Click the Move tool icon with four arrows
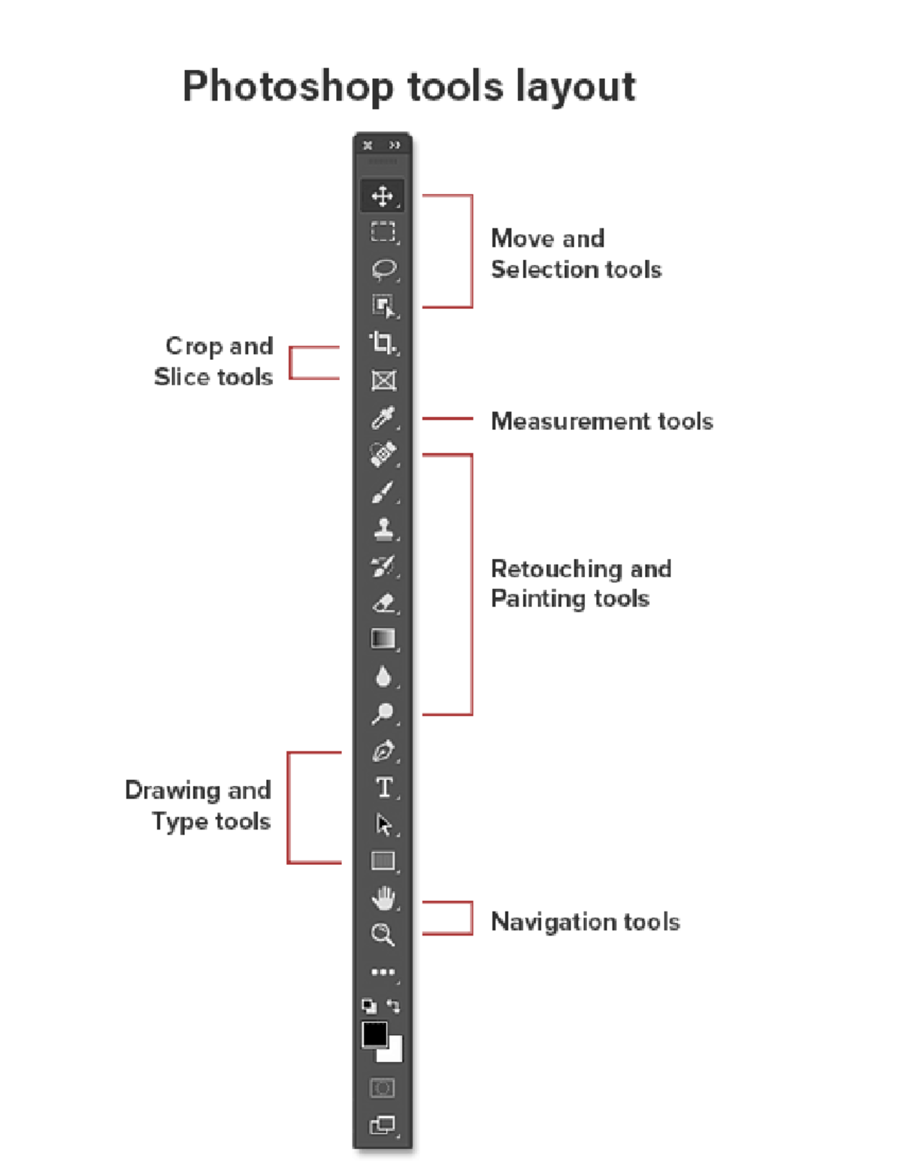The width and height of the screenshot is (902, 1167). [x=383, y=196]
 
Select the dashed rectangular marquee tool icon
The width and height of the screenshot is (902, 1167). [x=383, y=231]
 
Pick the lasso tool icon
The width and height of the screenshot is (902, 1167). [x=383, y=268]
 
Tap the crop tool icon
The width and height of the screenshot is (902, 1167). [x=383, y=343]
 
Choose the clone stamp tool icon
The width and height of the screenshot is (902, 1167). [x=383, y=528]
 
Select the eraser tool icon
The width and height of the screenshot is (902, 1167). [x=383, y=603]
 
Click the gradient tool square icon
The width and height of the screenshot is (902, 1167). [x=383, y=639]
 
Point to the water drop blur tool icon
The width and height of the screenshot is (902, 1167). [x=383, y=676]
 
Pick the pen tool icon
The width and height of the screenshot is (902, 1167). [x=383, y=751]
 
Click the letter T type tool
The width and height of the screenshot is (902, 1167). [x=383, y=788]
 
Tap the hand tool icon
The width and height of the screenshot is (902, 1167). [x=383, y=897]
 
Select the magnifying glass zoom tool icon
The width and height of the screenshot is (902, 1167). [x=383, y=934]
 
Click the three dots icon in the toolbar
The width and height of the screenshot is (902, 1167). [x=383, y=972]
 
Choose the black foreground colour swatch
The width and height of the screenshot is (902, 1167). [x=374, y=1034]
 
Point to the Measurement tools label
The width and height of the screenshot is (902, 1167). [x=601, y=421]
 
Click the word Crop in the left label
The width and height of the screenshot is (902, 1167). [x=193, y=346]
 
